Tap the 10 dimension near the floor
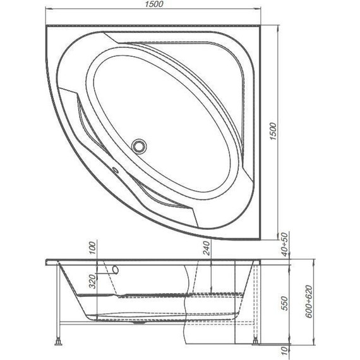point(285,349)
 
